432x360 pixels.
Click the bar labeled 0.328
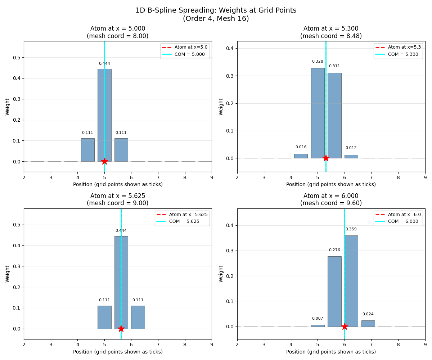[x=318, y=113]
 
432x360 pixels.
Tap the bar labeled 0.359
[x=351, y=281]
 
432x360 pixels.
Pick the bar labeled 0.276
[x=334, y=291]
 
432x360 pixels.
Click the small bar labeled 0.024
[x=368, y=323]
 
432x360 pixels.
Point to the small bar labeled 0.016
[x=301, y=156]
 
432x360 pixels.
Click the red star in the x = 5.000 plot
[x=104, y=161]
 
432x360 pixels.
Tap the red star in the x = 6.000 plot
[x=345, y=327]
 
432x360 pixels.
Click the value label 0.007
[x=317, y=319]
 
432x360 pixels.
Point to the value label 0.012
[x=351, y=148]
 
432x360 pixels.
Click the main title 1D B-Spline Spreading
[x=216, y=10]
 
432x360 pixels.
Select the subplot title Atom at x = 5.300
[x=331, y=29]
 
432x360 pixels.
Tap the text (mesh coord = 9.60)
[x=331, y=203]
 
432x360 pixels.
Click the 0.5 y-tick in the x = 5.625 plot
[x=17, y=225]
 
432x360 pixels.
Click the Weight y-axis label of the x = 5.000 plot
[x=8, y=107]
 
